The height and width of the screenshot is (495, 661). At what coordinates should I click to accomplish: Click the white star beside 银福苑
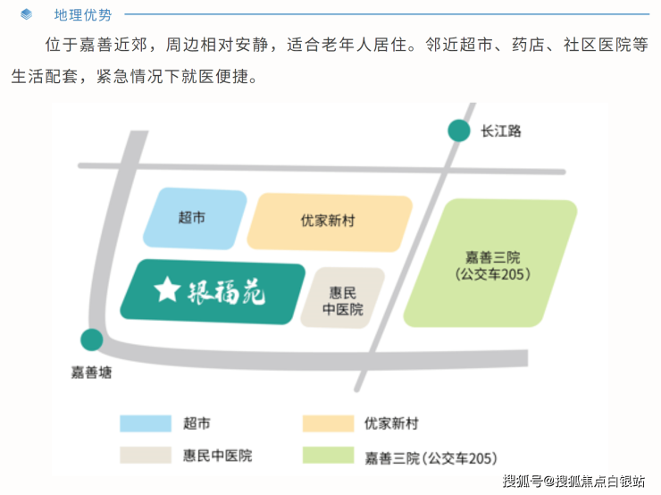[x=167, y=289]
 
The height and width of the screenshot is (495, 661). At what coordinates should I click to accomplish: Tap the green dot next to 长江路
[x=458, y=130]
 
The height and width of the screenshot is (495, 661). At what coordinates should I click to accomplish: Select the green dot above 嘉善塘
[x=91, y=340]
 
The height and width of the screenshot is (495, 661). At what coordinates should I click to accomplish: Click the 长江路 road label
[x=500, y=130]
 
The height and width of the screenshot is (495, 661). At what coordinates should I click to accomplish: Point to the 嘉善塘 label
[x=92, y=372]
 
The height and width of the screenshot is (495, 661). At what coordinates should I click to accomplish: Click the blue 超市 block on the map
[x=194, y=218]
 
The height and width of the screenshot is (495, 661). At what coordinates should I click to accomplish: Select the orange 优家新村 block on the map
[x=328, y=220]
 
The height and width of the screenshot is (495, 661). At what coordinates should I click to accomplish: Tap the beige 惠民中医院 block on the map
[x=343, y=298]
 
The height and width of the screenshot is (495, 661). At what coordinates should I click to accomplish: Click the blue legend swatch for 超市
[x=146, y=424]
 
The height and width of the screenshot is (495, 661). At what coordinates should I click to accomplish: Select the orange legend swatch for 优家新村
[x=328, y=424]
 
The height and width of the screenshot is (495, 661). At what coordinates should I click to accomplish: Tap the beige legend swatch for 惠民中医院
[x=146, y=455]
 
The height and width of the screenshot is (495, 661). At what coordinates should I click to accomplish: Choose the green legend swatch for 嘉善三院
[x=328, y=455]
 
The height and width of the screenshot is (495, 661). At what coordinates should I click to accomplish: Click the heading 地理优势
[x=83, y=14]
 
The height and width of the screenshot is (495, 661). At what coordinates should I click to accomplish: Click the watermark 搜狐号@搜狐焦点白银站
[x=573, y=482]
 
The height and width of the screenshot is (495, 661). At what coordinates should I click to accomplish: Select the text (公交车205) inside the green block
[x=492, y=274]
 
